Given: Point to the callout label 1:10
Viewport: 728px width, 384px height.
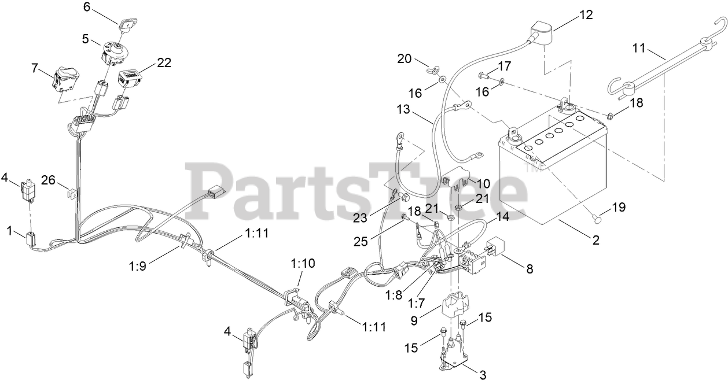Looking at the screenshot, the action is [x=303, y=263].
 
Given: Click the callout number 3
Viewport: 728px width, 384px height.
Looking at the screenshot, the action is [x=483, y=374].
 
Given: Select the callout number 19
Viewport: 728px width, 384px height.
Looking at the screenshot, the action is [x=619, y=206].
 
